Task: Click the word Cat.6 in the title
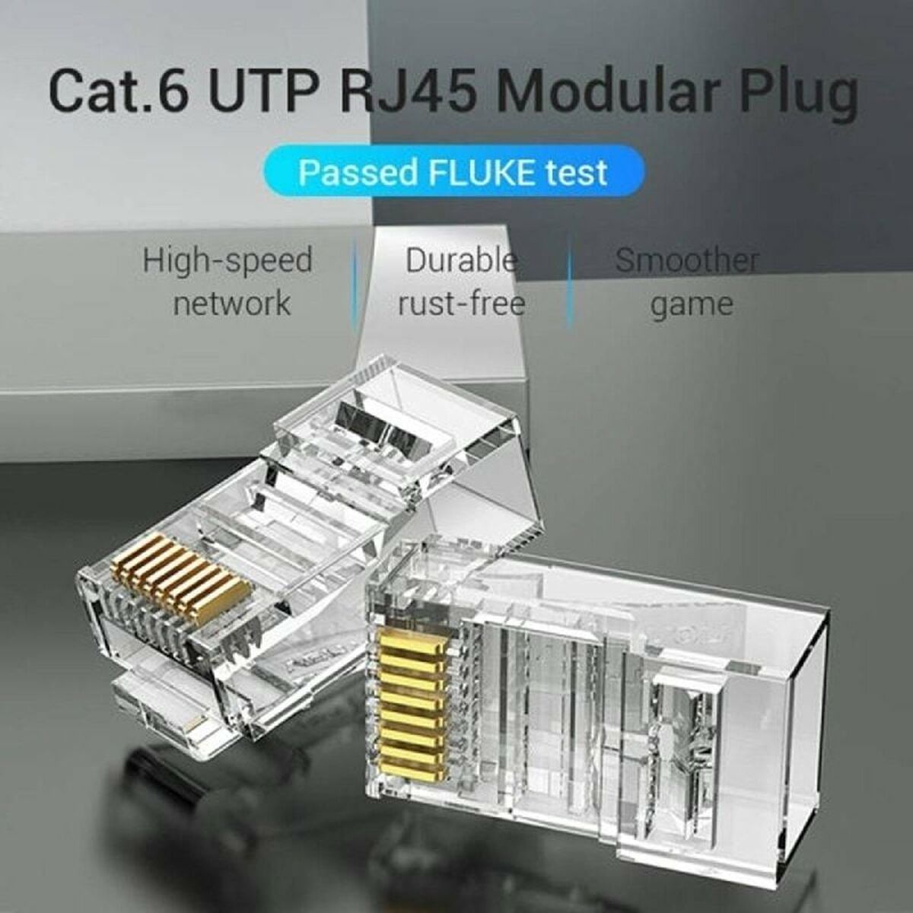[x=119, y=91]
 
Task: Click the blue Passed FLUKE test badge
[x=453, y=173]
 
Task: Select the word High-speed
[x=227, y=261]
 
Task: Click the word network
[x=231, y=303]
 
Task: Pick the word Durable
[x=461, y=261]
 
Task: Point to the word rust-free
[x=461, y=303]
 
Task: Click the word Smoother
[x=687, y=261]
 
